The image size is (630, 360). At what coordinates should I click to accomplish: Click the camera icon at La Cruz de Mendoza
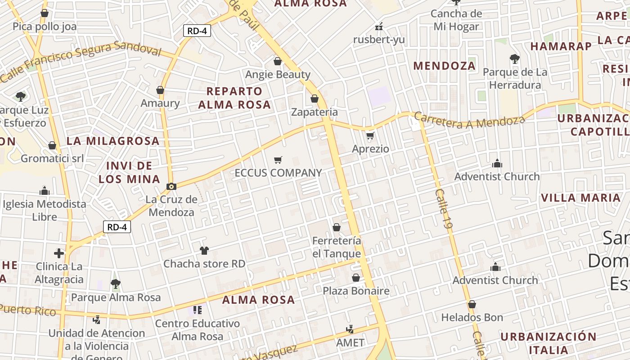171,186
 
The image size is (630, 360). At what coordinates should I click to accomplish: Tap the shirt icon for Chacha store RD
204,251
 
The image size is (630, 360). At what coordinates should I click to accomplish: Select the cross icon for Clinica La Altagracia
59,253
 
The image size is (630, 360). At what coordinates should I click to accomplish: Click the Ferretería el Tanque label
337,247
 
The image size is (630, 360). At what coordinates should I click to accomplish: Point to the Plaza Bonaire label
356,291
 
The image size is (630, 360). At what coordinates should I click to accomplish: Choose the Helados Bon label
472,317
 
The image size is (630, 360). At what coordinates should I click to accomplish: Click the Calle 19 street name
443,211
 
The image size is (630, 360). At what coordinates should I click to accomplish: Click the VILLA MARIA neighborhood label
580,198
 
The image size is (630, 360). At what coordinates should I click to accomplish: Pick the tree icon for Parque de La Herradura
515,59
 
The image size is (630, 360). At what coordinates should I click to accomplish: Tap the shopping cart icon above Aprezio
370,135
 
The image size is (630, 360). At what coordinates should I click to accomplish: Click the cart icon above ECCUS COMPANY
278,160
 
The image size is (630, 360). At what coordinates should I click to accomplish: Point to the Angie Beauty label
278,74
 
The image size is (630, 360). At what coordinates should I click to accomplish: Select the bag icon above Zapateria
315,99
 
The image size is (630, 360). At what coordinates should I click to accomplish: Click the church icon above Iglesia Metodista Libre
44,191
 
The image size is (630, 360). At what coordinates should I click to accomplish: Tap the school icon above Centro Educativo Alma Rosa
197,310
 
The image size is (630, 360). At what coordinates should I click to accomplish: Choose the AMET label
351,342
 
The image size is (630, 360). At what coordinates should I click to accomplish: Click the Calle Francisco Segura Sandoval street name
81,60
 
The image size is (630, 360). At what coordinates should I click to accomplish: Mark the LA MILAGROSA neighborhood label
113,141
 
